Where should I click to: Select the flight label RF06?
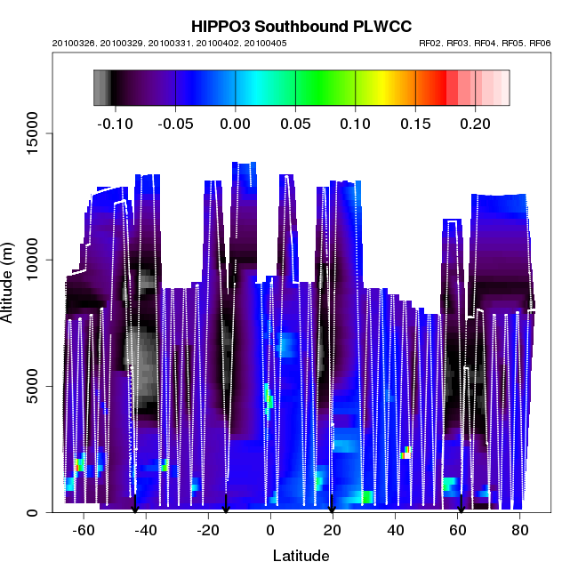540,44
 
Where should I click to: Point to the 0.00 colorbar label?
235,124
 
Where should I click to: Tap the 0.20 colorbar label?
476,124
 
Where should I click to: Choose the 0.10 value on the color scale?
356,124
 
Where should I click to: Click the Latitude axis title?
301,556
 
